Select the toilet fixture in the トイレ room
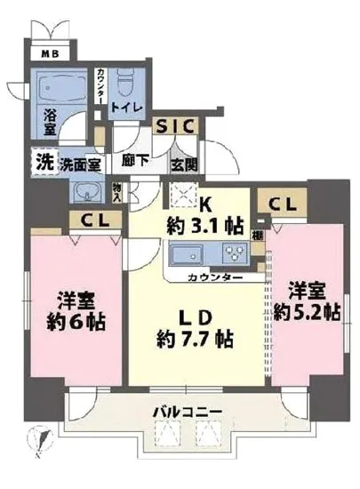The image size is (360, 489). tap(125, 90)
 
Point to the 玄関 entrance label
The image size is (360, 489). tap(185, 165)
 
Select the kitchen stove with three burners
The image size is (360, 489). tap(235, 256)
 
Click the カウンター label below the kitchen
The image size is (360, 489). tap(217, 278)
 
